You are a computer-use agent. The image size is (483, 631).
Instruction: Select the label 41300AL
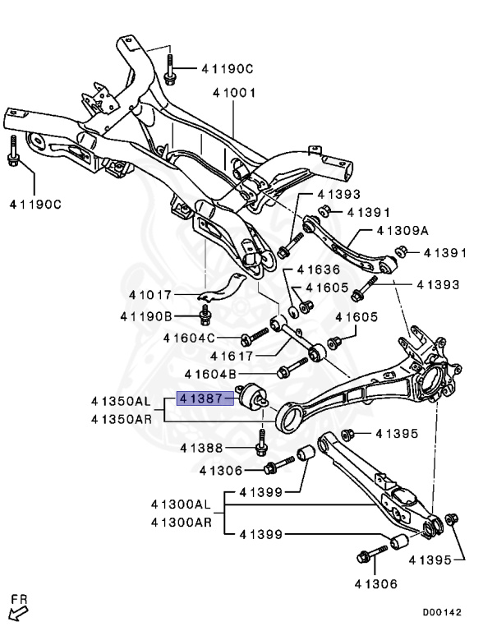(182, 504)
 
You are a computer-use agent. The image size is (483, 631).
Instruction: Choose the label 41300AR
(182, 522)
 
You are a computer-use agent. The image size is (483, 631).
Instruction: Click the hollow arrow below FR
(17, 611)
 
